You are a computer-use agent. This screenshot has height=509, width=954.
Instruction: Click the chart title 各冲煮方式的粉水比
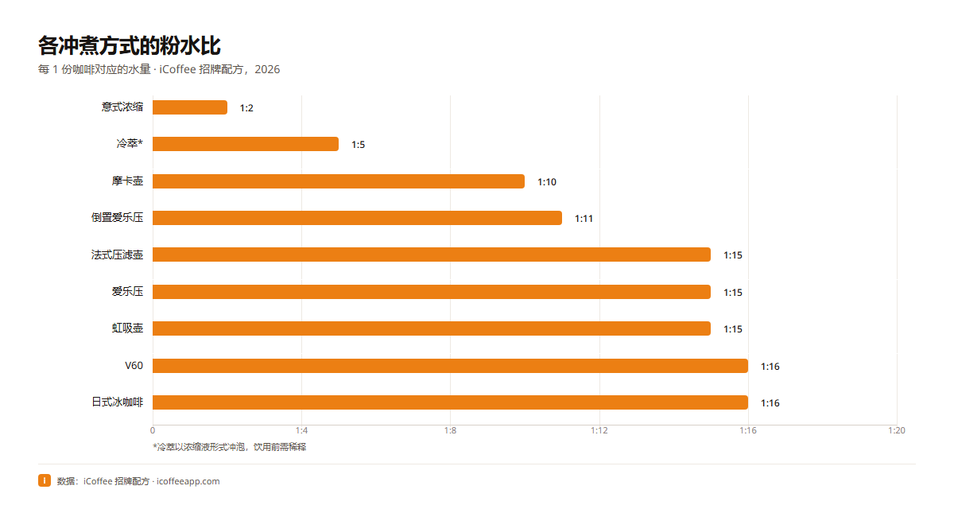click(x=129, y=45)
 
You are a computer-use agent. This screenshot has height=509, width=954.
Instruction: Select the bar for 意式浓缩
click(x=190, y=107)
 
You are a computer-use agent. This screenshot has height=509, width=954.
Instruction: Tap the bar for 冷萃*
click(x=246, y=144)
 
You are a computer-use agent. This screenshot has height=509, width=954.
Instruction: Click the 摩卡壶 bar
click(x=339, y=181)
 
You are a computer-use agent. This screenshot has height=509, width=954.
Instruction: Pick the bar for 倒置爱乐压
click(x=357, y=218)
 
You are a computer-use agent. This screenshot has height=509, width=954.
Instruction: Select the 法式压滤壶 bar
click(x=432, y=254)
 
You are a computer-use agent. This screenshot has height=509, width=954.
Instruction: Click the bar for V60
click(x=450, y=366)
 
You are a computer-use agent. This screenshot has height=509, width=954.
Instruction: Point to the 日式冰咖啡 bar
click(x=450, y=402)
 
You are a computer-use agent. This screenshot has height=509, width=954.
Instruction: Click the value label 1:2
click(x=246, y=108)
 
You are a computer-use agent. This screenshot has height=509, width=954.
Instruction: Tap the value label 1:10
click(x=547, y=182)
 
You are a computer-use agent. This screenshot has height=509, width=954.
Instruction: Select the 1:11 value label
click(x=584, y=219)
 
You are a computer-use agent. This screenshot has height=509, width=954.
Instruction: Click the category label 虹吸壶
click(x=127, y=328)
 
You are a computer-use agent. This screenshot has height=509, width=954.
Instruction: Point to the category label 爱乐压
click(x=127, y=291)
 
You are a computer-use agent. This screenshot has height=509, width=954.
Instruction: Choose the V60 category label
click(x=134, y=366)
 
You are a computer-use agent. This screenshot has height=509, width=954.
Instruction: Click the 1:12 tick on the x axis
click(x=599, y=430)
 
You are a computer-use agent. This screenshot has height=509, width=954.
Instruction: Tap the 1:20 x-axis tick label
click(x=897, y=430)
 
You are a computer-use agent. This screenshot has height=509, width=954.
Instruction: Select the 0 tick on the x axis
click(x=153, y=430)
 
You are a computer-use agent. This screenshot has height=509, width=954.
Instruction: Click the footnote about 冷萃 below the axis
click(x=230, y=447)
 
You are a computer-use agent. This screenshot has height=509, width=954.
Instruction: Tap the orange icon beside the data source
click(x=45, y=480)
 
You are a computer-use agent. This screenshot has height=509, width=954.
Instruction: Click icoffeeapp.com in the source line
click(x=188, y=481)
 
